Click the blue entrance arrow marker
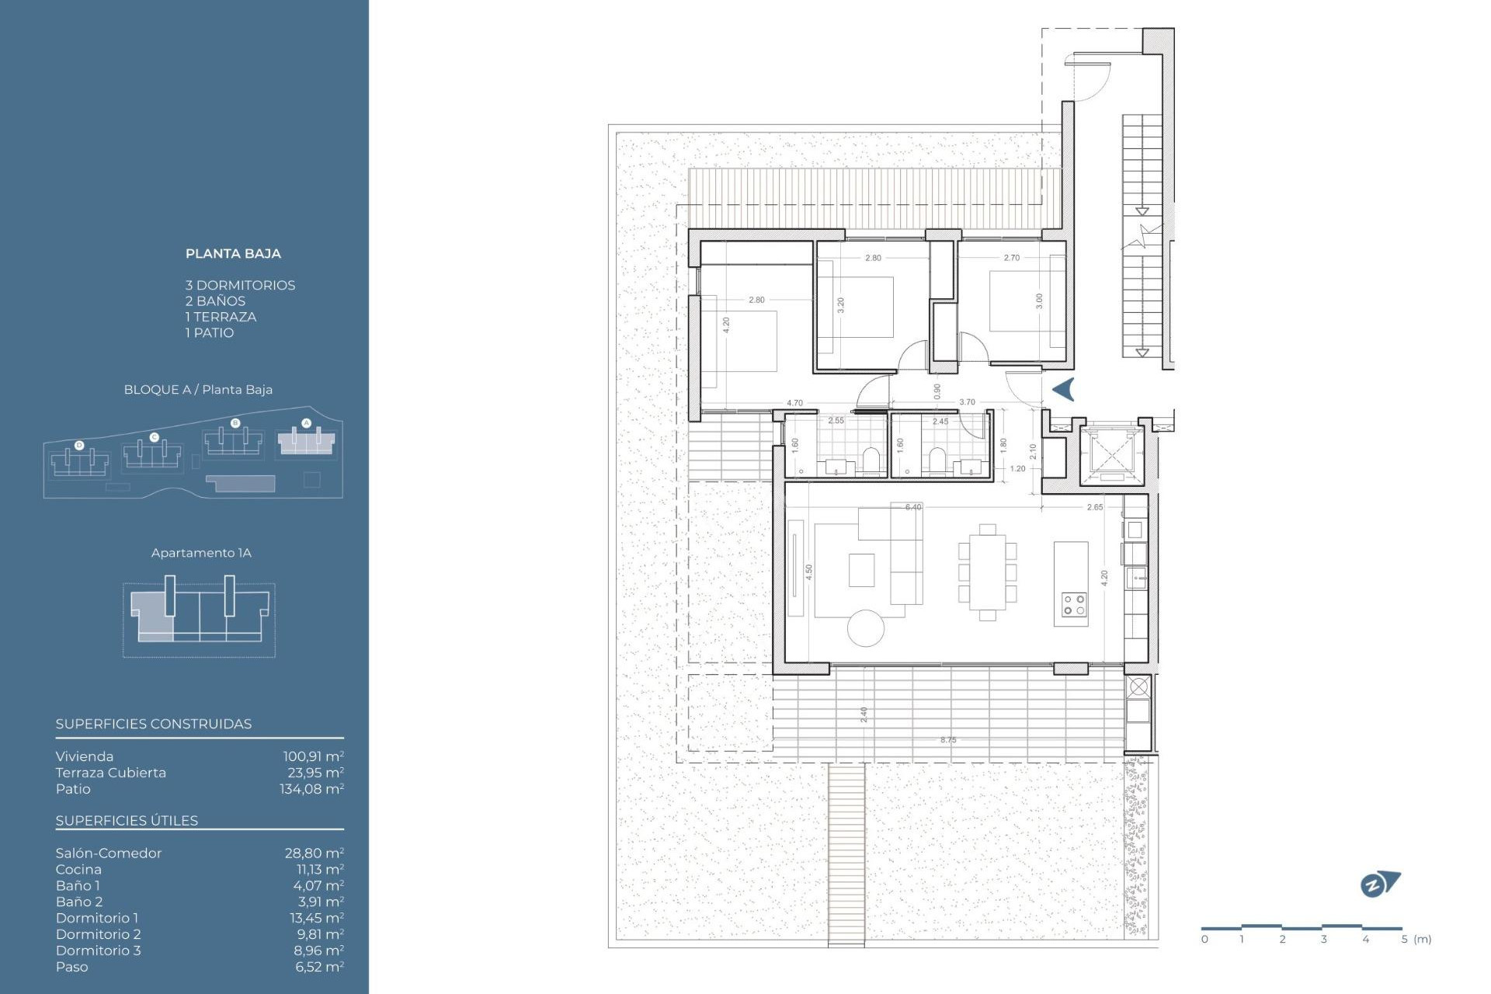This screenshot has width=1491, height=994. coord(1064,389)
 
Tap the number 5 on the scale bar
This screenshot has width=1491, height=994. coord(1404,939)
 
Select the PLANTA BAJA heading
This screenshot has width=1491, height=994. coord(233,254)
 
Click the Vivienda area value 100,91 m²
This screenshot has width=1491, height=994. coord(313,756)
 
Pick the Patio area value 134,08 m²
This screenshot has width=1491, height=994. coord(311,789)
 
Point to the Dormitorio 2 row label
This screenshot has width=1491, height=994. coord(98,934)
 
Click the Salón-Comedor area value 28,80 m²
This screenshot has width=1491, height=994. coord(314,853)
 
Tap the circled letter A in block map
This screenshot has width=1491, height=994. coord(306,423)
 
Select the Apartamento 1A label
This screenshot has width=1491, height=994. coord(201,553)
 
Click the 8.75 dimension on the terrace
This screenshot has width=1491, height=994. coord(948,740)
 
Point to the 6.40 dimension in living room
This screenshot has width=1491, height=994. coord(913,507)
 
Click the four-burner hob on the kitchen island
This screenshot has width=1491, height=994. coord(1074,605)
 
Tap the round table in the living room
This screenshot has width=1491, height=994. coord(866,628)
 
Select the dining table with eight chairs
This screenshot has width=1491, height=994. coord(987,572)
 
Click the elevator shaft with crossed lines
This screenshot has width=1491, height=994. coord(1111,453)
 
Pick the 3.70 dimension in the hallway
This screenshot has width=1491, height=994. coord(967,402)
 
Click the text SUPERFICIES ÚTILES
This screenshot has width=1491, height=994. coord(127,821)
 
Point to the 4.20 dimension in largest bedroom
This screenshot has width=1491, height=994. coord(726,325)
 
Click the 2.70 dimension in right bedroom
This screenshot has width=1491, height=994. coord(1011,258)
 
